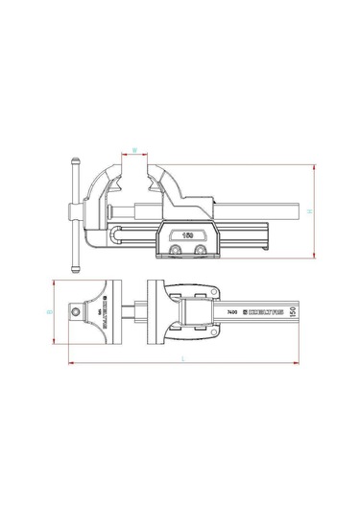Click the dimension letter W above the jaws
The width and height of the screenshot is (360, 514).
click(x=135, y=149)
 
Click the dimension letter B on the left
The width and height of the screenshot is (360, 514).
click(x=48, y=312)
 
